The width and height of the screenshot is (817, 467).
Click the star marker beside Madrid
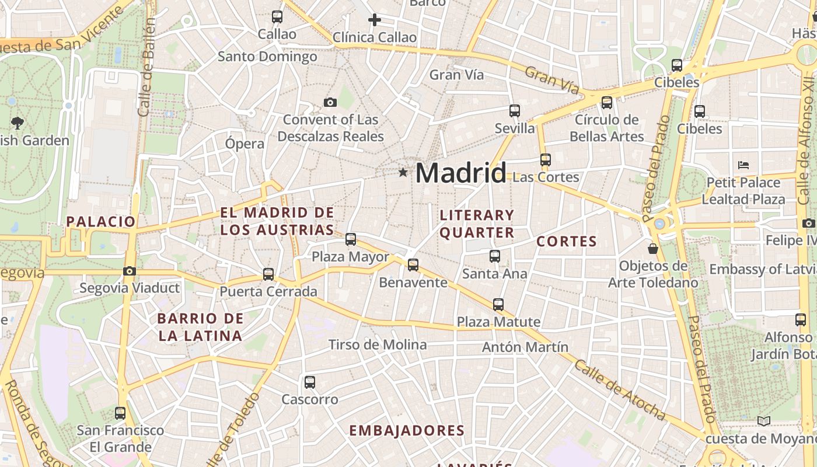[x=403, y=172]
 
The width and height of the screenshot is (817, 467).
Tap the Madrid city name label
[x=461, y=173]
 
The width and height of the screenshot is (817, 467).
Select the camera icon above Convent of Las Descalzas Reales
[x=330, y=103]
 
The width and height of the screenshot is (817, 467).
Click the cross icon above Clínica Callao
[x=375, y=20]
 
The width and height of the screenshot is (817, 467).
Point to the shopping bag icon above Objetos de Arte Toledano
[x=653, y=249]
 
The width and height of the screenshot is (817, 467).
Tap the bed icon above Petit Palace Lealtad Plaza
[x=743, y=165]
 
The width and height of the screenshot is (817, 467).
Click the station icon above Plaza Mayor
[x=350, y=239]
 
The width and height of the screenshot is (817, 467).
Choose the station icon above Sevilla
[x=514, y=111]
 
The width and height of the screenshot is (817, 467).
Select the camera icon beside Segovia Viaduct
[x=130, y=271]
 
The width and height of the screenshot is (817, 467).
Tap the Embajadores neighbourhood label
[x=407, y=431]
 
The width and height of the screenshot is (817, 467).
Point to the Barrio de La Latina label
[x=200, y=327]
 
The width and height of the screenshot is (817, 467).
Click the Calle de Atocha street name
[x=620, y=390]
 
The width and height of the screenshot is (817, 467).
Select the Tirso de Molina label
[x=378, y=344]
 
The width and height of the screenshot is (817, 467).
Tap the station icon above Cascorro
[x=310, y=382]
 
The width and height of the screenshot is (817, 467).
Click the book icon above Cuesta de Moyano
[x=763, y=421]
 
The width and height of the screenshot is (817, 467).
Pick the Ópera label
[x=245, y=144]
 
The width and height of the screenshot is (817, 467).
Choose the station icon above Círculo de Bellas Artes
[x=607, y=103]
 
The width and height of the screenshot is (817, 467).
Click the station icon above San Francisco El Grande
[x=120, y=413]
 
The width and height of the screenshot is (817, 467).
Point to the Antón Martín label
[x=525, y=347]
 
